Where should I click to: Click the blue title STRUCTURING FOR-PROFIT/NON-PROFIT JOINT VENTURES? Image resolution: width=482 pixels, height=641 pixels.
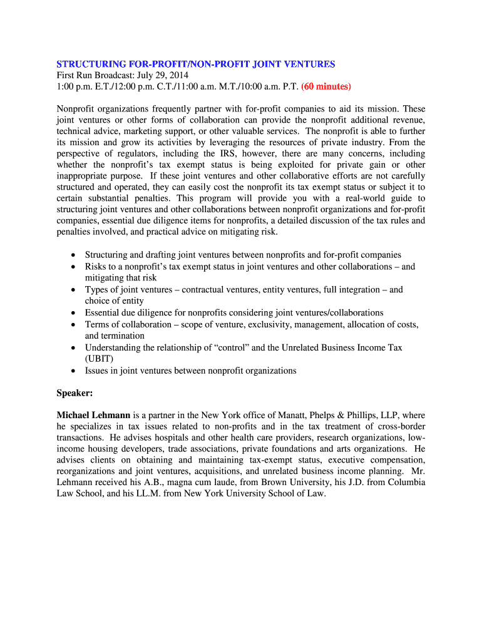tap(196, 64)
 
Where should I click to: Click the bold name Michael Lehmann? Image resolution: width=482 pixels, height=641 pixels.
tap(93, 415)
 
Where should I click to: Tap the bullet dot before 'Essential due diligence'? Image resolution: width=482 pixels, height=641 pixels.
tap(74, 312)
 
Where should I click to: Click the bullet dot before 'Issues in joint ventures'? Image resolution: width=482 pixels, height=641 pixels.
tap(74, 371)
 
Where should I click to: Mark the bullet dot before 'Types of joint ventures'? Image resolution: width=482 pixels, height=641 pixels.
tap(74, 290)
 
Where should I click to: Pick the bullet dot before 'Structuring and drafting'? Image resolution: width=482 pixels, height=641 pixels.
tap(74, 255)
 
